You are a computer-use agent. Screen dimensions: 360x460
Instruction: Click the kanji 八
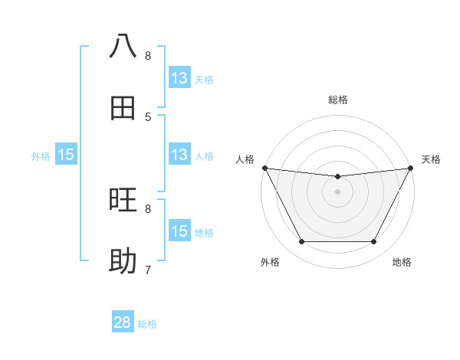point(123,46)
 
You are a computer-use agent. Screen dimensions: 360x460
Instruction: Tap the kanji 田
point(123,107)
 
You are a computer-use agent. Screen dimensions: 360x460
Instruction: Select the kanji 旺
point(123,201)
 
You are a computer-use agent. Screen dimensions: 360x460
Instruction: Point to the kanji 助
point(123,261)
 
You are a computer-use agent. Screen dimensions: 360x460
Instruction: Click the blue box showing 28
point(123,322)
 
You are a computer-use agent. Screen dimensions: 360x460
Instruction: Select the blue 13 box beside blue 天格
point(179,78)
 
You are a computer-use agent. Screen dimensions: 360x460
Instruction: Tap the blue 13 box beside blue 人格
point(179,155)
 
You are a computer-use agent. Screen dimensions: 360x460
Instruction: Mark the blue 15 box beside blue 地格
point(179,231)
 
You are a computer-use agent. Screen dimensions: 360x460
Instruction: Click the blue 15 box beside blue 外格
point(66,155)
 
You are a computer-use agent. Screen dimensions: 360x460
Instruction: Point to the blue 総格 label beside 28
point(147,324)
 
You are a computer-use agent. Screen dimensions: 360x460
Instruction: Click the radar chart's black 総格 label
point(338,100)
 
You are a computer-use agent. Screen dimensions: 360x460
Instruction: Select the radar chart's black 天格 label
point(431,159)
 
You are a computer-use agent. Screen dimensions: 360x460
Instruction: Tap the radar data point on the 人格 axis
point(264,168)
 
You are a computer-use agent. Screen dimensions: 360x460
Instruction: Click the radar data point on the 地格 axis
point(374,242)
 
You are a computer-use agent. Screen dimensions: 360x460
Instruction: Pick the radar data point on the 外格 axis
point(301,242)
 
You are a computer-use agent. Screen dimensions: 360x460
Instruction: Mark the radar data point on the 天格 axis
point(411,168)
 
